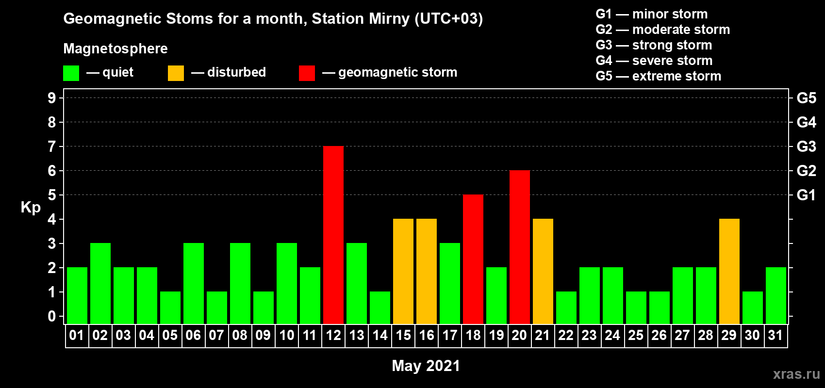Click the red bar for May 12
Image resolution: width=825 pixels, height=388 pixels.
[333, 235]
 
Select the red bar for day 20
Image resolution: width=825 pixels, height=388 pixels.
[520, 247]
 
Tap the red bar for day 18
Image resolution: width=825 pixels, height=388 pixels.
[473, 259]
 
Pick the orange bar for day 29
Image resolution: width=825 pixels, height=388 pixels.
[729, 271]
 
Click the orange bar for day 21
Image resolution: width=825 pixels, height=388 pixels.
[543, 271]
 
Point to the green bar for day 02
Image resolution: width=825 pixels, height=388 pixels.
[100, 283]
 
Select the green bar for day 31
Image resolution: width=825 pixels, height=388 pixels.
[776, 295]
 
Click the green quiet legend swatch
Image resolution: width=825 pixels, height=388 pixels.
[71, 73]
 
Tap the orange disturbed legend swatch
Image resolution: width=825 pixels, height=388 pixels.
[176, 73]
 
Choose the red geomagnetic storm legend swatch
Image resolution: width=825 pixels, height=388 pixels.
[307, 73]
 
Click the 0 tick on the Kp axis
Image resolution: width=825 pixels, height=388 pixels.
[51, 317]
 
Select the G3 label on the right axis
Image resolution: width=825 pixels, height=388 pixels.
[806, 146]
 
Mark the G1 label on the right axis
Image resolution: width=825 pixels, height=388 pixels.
[806, 195]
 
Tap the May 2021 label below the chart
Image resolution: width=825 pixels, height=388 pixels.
[426, 366]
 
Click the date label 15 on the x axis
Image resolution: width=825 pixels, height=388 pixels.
[403, 335]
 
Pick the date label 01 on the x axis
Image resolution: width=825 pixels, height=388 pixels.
[77, 335]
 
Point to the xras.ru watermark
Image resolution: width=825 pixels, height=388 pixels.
[797, 374]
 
